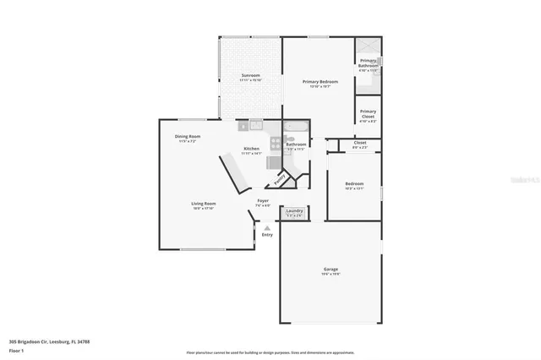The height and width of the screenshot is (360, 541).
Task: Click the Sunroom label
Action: click(250, 76)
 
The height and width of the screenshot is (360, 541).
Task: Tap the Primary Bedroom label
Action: click(320, 82)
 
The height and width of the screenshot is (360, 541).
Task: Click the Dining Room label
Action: click(188, 137)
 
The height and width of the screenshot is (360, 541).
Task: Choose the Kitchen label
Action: click(252, 149)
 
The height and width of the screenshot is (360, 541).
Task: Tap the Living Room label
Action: click(203, 204)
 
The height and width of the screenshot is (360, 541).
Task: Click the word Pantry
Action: click(280, 180)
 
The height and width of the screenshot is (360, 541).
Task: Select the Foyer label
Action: click(263, 201)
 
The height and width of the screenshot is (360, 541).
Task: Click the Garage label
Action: click(331, 270)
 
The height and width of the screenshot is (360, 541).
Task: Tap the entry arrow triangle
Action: click(267, 226)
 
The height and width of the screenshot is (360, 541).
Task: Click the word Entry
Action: click(267, 234)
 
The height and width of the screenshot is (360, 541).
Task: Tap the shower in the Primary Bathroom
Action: click(367, 47)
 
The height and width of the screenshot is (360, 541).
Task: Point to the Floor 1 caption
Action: click(17, 350)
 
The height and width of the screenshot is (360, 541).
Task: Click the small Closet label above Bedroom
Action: click(360, 143)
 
